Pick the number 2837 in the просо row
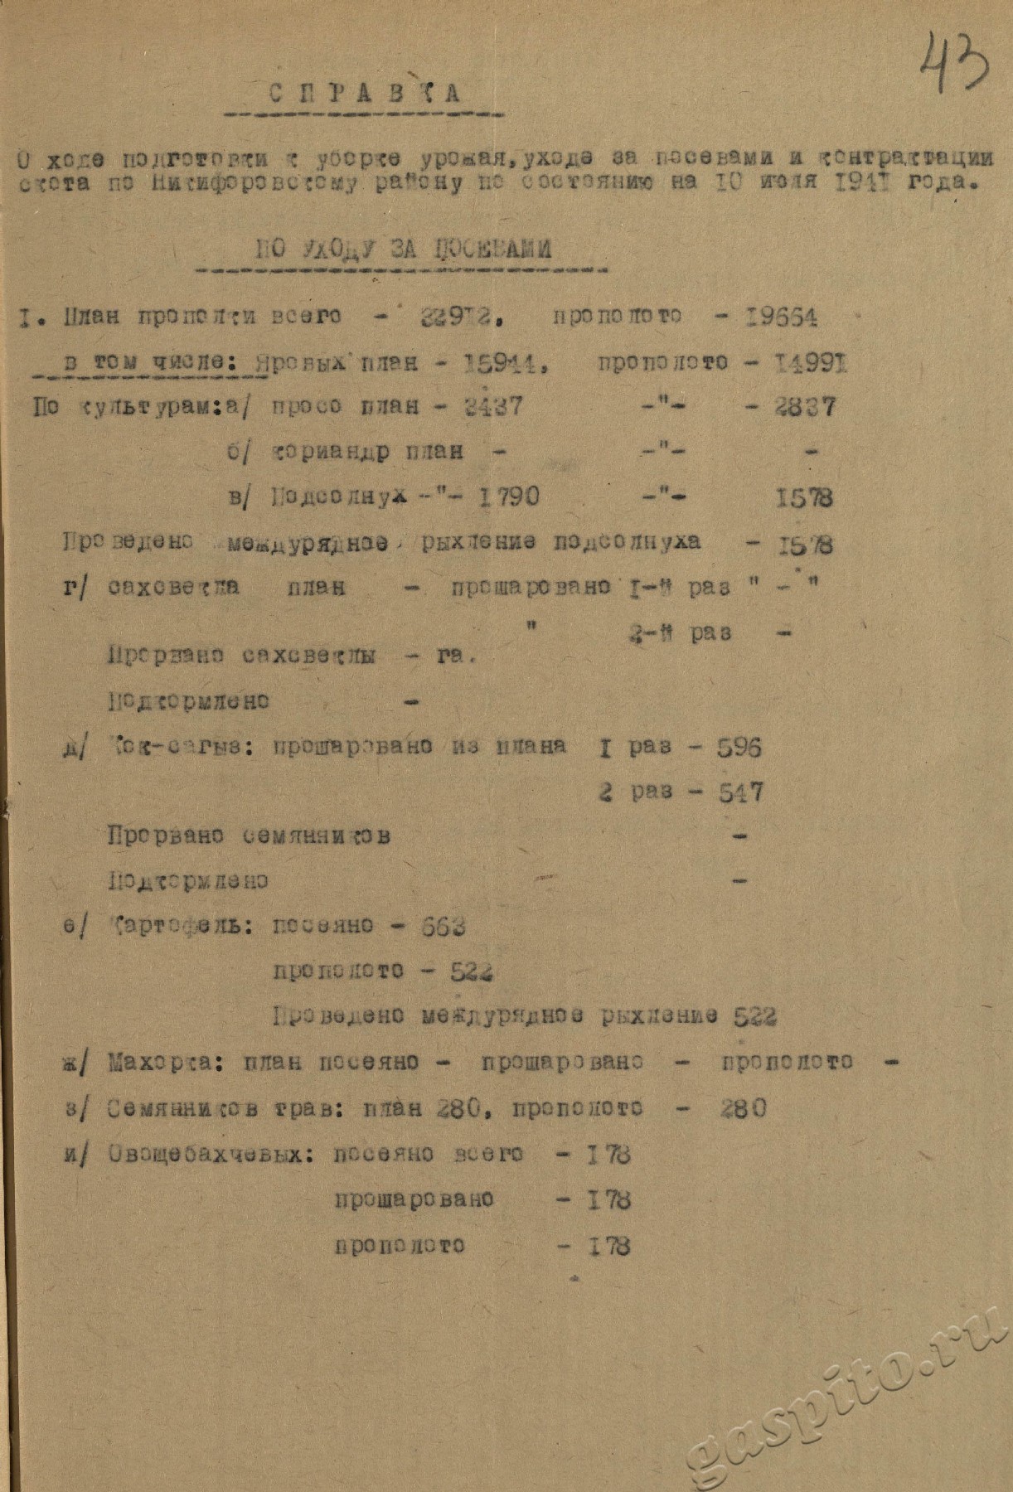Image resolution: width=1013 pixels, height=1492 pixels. tap(805, 407)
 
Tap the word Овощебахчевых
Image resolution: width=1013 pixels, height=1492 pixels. tap(211, 1155)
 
